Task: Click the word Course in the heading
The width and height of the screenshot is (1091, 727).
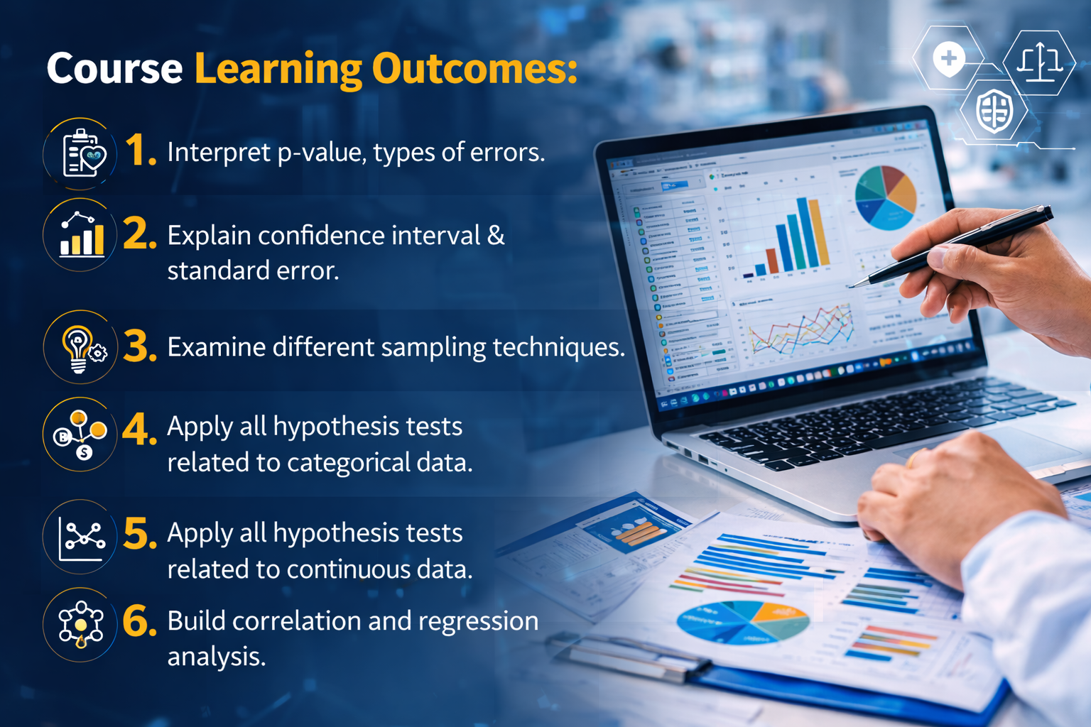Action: (x=114, y=69)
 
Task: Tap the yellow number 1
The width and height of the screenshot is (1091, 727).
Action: (x=139, y=151)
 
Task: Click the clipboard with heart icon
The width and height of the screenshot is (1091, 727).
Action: (x=82, y=153)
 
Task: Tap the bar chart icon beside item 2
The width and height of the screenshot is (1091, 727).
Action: (x=81, y=235)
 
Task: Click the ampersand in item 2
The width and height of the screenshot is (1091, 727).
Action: (x=496, y=235)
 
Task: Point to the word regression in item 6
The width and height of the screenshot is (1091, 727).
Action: (x=478, y=621)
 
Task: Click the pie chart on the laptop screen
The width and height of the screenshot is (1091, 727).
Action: (x=885, y=197)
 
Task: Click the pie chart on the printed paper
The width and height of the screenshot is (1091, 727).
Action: (x=742, y=622)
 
